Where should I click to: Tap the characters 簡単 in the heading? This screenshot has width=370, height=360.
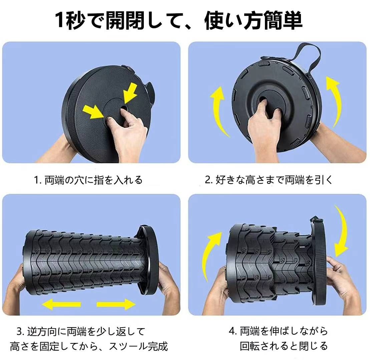pyautogui.click(x=283, y=21)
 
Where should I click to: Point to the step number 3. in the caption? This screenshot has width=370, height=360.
pyautogui.click(x=21, y=331)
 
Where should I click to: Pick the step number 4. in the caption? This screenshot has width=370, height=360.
pyautogui.click(x=233, y=331)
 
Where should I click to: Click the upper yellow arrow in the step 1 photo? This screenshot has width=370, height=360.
pyautogui.click(x=130, y=93)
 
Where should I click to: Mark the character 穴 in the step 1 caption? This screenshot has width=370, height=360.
pyautogui.click(x=79, y=180)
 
